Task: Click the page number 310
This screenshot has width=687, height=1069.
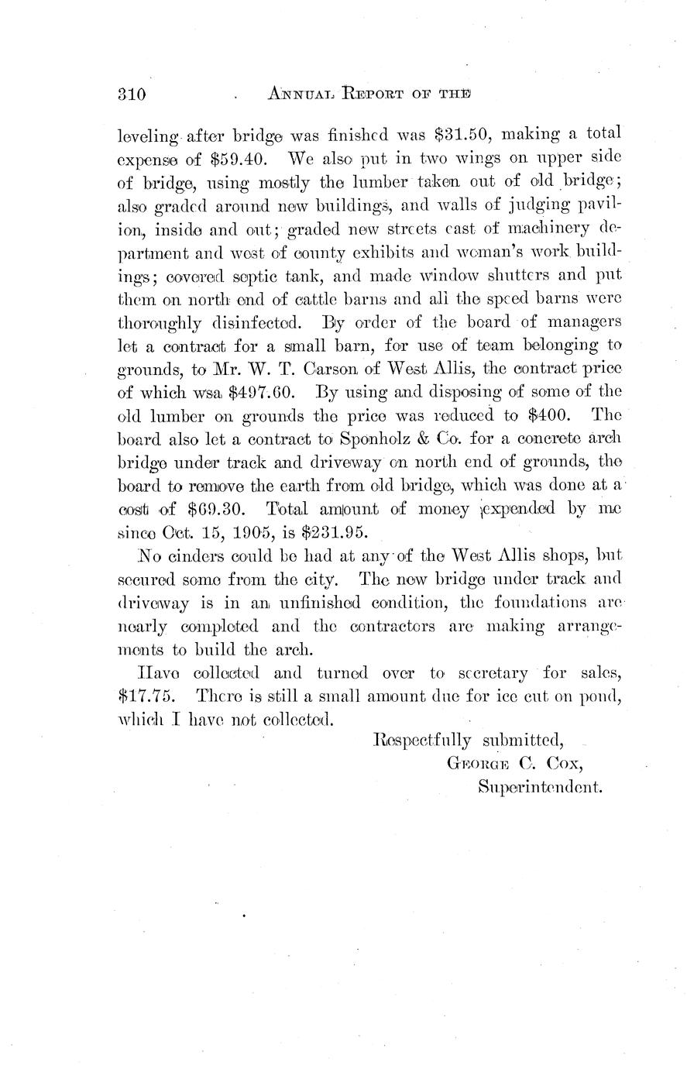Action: click(x=132, y=95)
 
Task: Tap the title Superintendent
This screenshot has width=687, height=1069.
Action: click(x=541, y=788)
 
